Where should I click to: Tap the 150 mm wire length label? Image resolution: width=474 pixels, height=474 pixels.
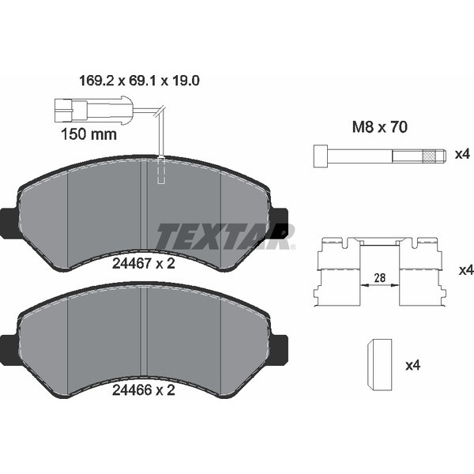pos(88,134)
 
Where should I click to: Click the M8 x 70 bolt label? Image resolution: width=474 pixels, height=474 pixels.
pos(379,127)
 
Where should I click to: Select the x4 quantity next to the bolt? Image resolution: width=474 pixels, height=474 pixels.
pos(462,154)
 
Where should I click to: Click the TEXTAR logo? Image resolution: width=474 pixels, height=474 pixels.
pos(225,235)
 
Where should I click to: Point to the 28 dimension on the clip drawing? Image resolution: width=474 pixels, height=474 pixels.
pos(380,276)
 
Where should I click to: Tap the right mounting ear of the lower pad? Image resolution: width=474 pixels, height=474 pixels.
pos(279,347)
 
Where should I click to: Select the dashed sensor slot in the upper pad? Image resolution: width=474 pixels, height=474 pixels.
pos(162,171)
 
